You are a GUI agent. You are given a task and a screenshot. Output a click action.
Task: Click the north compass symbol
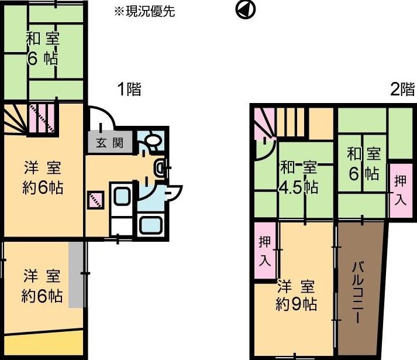(245, 9)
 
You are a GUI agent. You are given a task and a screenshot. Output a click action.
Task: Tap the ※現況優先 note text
(144, 12)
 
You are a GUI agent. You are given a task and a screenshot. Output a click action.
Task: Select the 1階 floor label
(129, 89)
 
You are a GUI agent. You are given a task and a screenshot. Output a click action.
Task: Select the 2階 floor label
(402, 89)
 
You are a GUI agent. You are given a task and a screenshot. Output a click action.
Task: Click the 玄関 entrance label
(109, 143)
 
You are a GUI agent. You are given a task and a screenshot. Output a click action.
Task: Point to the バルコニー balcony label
(358, 292)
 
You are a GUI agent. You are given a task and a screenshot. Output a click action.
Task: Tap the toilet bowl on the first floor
(153, 139)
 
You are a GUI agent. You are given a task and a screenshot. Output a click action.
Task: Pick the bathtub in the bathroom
(151, 225)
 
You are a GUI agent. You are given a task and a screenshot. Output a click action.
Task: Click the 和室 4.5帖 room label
(299, 178)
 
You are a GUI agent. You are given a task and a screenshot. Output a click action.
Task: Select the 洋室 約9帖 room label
(296, 296)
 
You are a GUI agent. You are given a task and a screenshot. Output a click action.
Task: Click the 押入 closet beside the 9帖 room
(265, 251)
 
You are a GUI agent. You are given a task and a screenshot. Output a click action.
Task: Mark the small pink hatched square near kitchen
(95, 200)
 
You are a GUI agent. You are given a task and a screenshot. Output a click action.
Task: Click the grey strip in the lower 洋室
(76, 275)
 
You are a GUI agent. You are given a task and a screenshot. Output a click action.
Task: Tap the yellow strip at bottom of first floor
(44, 343)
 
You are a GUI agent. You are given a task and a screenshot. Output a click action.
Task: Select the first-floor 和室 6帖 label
(43, 49)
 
